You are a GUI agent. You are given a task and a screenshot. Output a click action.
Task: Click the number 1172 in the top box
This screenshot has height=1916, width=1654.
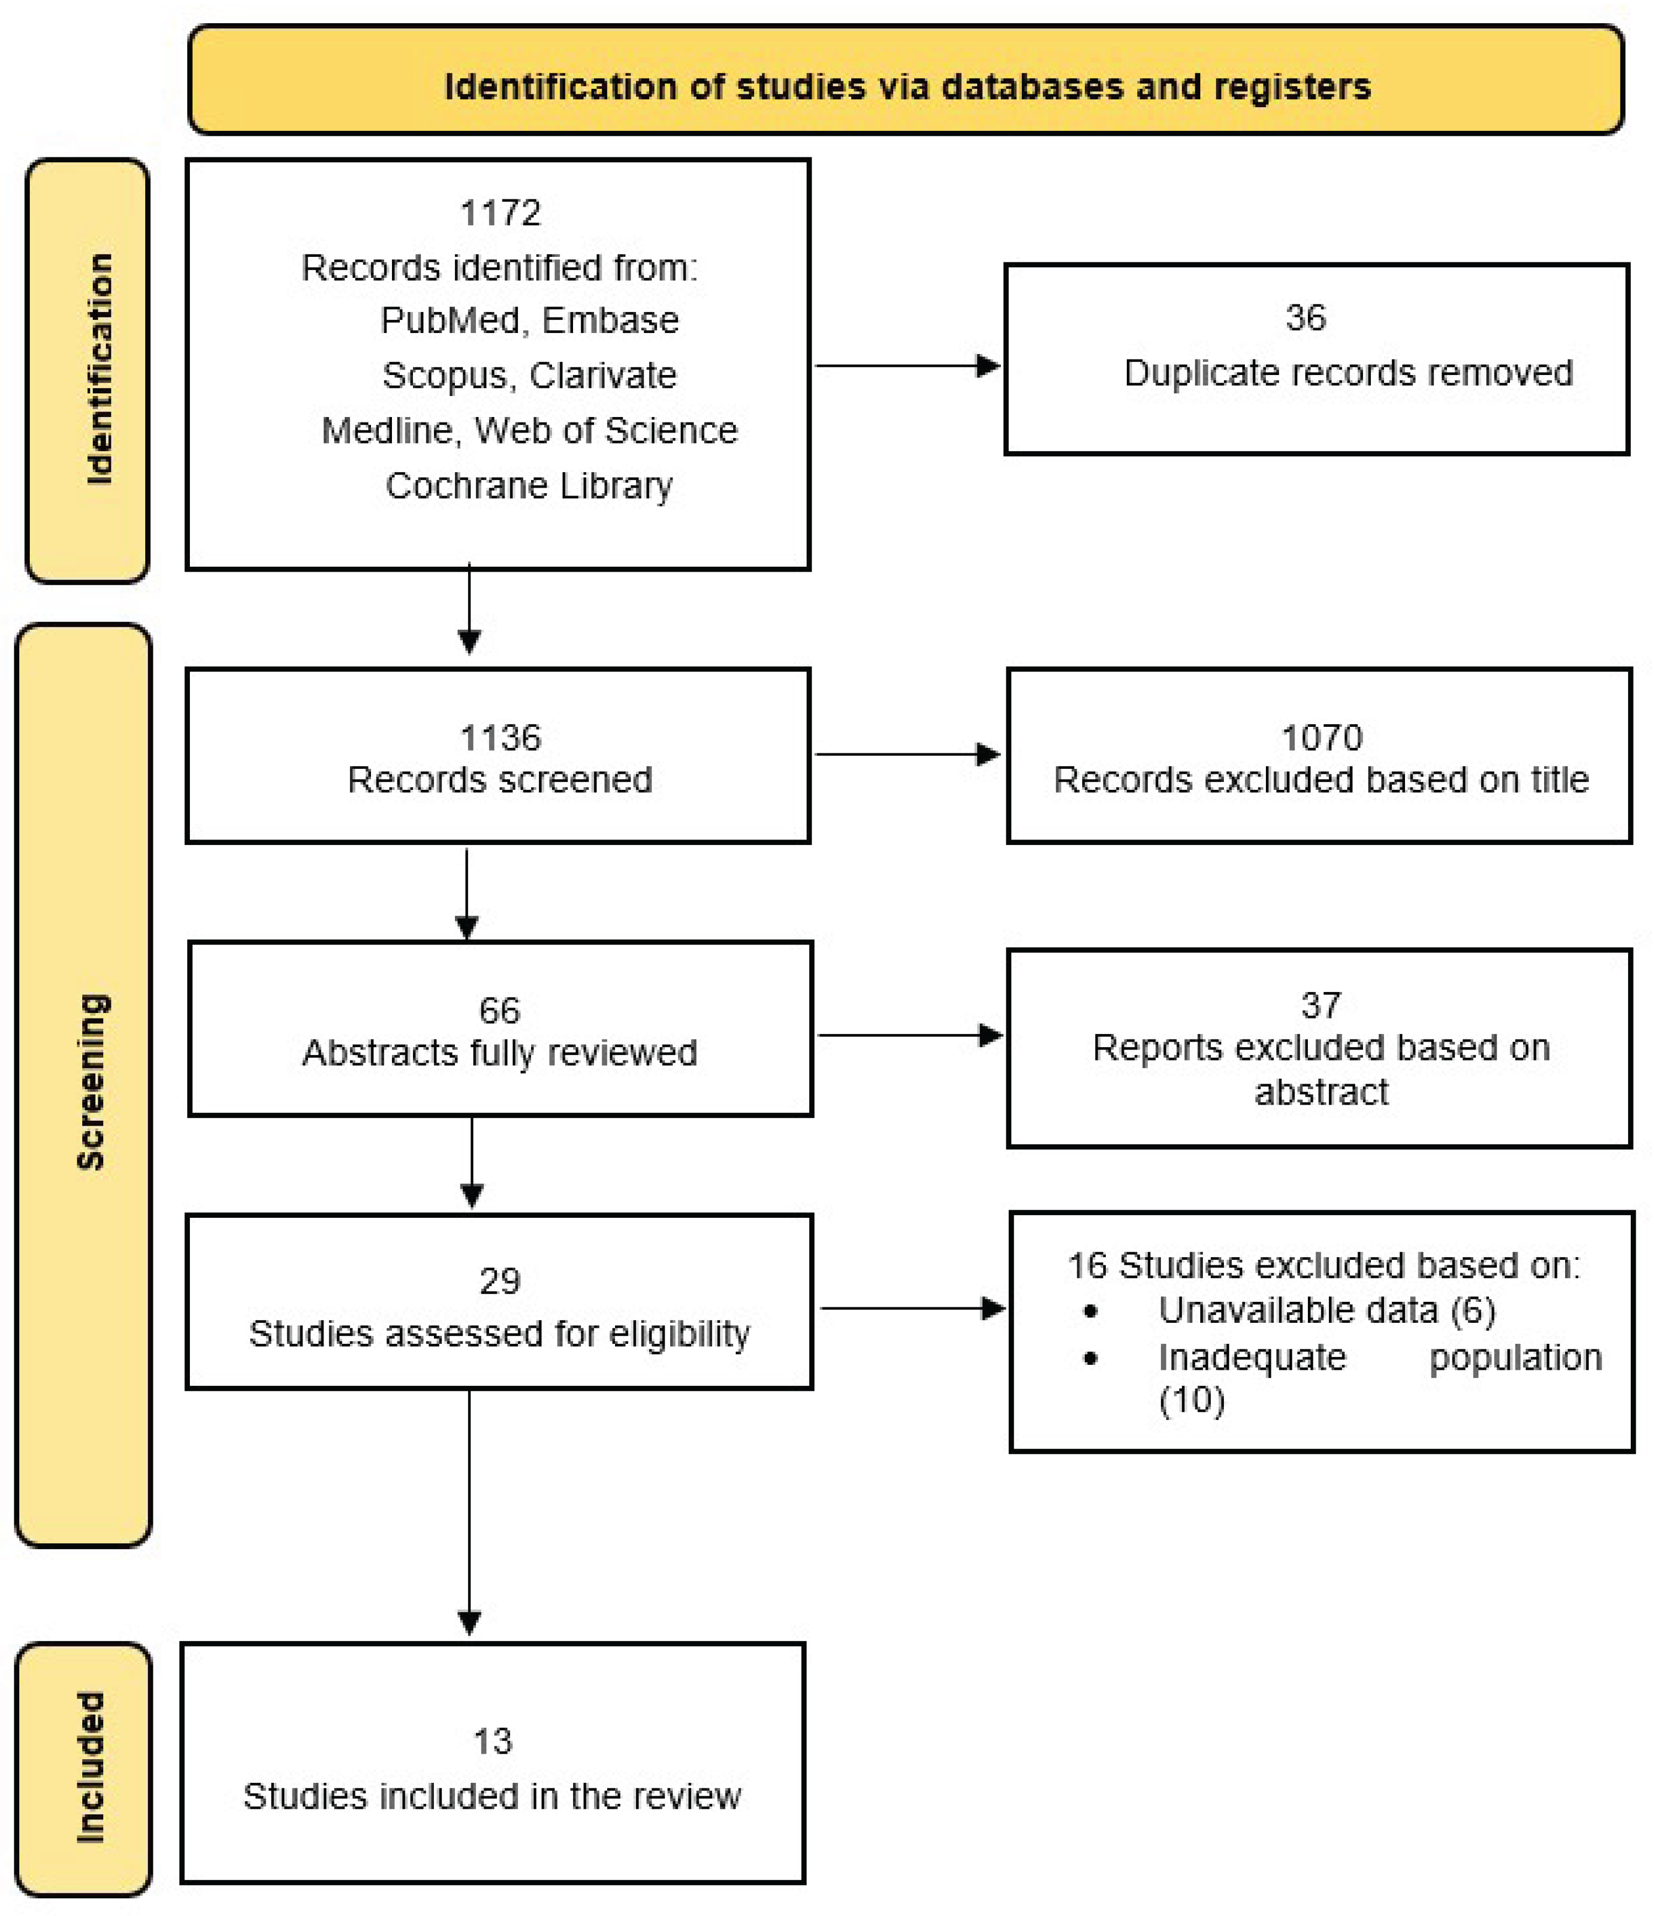point(500,214)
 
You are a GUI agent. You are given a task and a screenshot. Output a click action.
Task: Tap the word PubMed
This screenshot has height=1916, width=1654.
point(450,320)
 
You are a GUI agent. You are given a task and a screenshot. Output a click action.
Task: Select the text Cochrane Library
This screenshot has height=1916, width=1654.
point(529,485)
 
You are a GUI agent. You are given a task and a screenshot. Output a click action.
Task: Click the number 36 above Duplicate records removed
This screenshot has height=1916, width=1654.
point(1306,318)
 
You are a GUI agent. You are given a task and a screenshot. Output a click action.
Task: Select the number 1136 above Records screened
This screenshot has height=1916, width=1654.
point(500,738)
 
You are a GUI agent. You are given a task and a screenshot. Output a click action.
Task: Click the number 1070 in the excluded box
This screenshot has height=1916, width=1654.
point(1321,738)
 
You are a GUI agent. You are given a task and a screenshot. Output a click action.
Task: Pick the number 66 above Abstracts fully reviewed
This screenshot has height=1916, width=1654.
point(499,1011)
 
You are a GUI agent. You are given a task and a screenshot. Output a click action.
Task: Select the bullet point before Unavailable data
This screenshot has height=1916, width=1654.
point(1091,1311)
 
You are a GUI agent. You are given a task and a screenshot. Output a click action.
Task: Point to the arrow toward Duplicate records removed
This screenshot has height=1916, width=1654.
point(906,366)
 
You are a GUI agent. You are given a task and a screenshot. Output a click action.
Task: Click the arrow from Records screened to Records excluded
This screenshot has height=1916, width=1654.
point(906,754)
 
